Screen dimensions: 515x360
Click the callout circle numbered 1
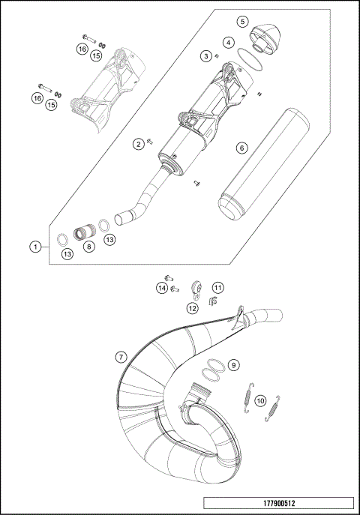click(x=34, y=246)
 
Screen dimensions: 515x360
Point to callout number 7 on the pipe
click(x=121, y=357)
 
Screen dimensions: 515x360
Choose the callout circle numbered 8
click(x=89, y=246)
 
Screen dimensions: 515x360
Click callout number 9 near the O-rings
click(x=234, y=365)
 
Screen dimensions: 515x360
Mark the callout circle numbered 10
click(x=259, y=400)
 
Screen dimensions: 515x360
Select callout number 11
click(x=217, y=287)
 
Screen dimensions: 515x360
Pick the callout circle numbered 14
click(x=162, y=287)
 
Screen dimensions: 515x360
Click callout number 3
click(x=204, y=55)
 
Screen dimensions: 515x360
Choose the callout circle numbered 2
click(x=139, y=143)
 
